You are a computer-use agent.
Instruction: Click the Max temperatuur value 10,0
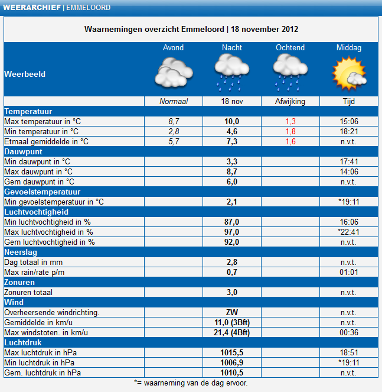[x=231, y=121]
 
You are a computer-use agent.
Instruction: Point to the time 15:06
[x=348, y=121]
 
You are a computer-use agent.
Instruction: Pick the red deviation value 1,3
[x=290, y=121]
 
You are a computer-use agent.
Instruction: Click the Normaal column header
[x=173, y=102]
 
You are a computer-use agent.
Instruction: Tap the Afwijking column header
[x=290, y=102]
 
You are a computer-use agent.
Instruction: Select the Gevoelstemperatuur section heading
[x=42, y=192]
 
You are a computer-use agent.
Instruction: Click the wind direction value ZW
[x=231, y=312]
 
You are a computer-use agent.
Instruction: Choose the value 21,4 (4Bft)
[x=231, y=332]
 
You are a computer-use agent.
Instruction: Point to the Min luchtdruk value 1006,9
[x=231, y=362]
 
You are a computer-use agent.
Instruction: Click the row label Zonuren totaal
[x=28, y=292]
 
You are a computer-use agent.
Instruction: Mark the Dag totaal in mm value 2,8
[x=231, y=262]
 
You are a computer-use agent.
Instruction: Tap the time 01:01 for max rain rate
[x=348, y=272]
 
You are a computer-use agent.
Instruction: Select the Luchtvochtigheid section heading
[x=36, y=212]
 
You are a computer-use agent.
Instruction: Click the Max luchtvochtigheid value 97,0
[x=231, y=232]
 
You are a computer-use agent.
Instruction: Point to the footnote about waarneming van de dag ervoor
[x=190, y=383]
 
